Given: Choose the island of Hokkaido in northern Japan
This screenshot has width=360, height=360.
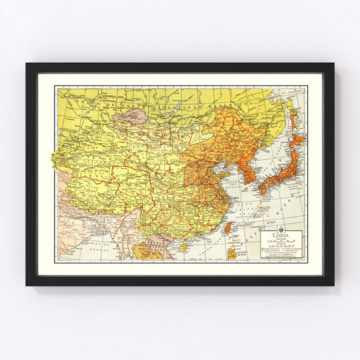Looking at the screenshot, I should pos(296,142).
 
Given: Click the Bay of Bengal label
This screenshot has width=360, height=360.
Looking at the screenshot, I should pos(101,249).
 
